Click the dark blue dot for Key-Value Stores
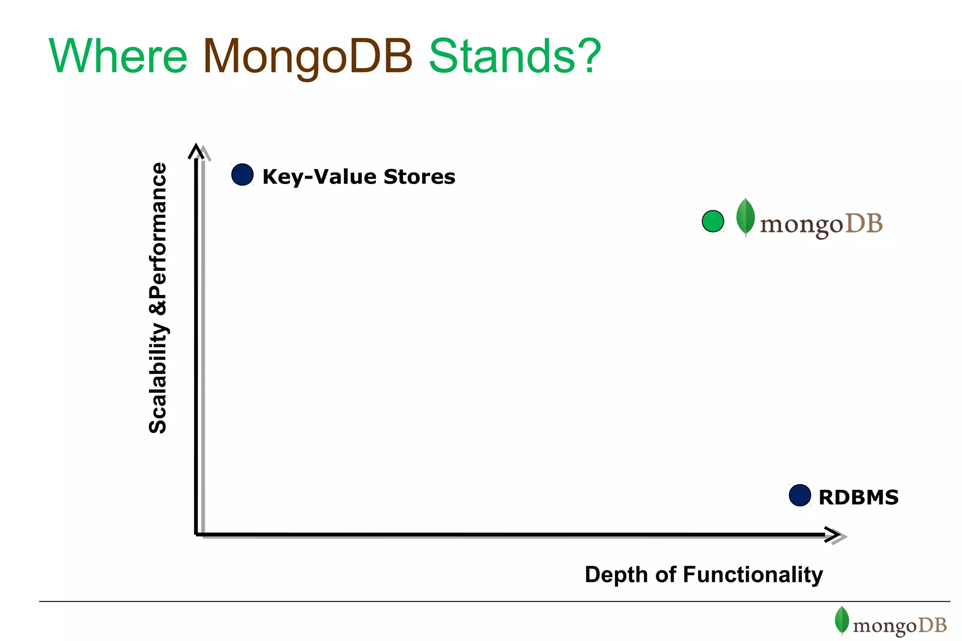tap(242, 175)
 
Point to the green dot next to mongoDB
tap(713, 221)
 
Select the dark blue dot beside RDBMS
tap(799, 495)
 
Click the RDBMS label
tap(858, 497)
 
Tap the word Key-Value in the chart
tap(319, 177)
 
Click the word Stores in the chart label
tap(419, 177)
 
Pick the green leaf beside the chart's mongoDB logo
tap(745, 216)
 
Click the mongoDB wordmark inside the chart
tap(821, 224)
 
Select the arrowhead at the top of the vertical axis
tap(196, 151)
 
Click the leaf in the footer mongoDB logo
tap(842, 620)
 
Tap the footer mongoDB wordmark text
tap(900, 626)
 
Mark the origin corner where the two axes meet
tap(196, 534)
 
